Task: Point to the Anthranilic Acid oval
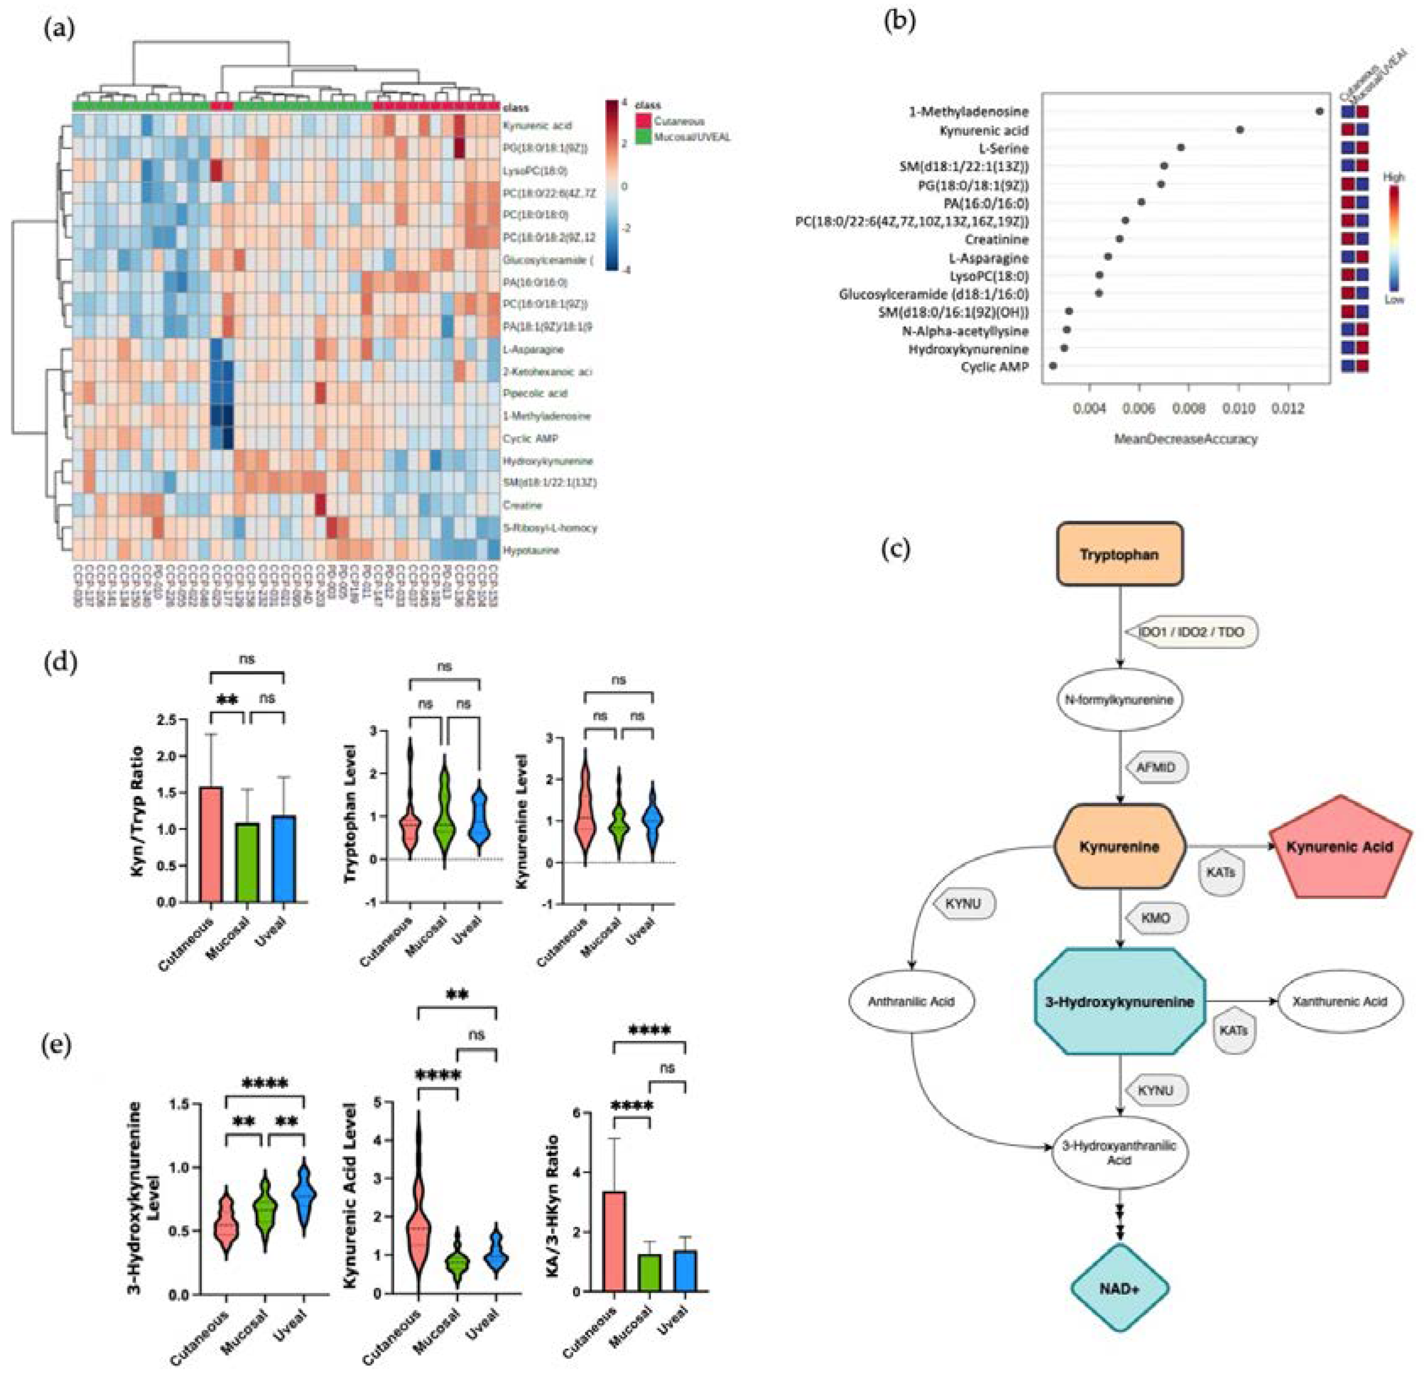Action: click(x=911, y=1001)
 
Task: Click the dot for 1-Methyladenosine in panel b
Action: click(x=1319, y=111)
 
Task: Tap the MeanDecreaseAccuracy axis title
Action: click(x=1186, y=439)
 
